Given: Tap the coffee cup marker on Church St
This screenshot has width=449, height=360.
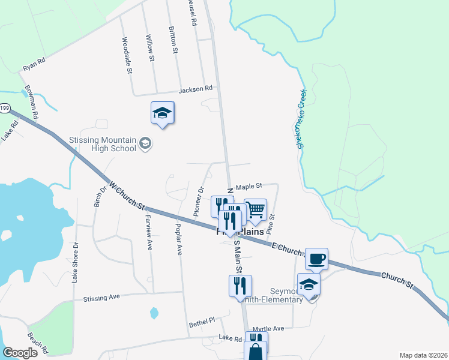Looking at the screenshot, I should [316, 259].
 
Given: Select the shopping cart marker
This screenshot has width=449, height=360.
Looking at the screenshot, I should [255, 209].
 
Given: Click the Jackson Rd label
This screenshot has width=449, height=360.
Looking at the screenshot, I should [196, 89].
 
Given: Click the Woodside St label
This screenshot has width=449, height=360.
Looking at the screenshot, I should [127, 55].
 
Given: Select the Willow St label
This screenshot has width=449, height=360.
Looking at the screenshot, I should [151, 47].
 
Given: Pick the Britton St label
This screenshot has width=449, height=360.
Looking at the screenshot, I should [173, 40].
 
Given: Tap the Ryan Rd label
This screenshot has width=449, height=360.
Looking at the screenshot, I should [34, 65].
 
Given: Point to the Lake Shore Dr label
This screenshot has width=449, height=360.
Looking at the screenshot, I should [76, 262].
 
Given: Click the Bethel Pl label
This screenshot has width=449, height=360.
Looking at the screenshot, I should [202, 323].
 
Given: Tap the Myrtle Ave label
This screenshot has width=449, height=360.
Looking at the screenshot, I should [268, 329].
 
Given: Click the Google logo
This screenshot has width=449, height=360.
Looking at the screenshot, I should [20, 353].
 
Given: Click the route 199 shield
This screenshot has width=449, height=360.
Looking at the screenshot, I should [5, 108].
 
